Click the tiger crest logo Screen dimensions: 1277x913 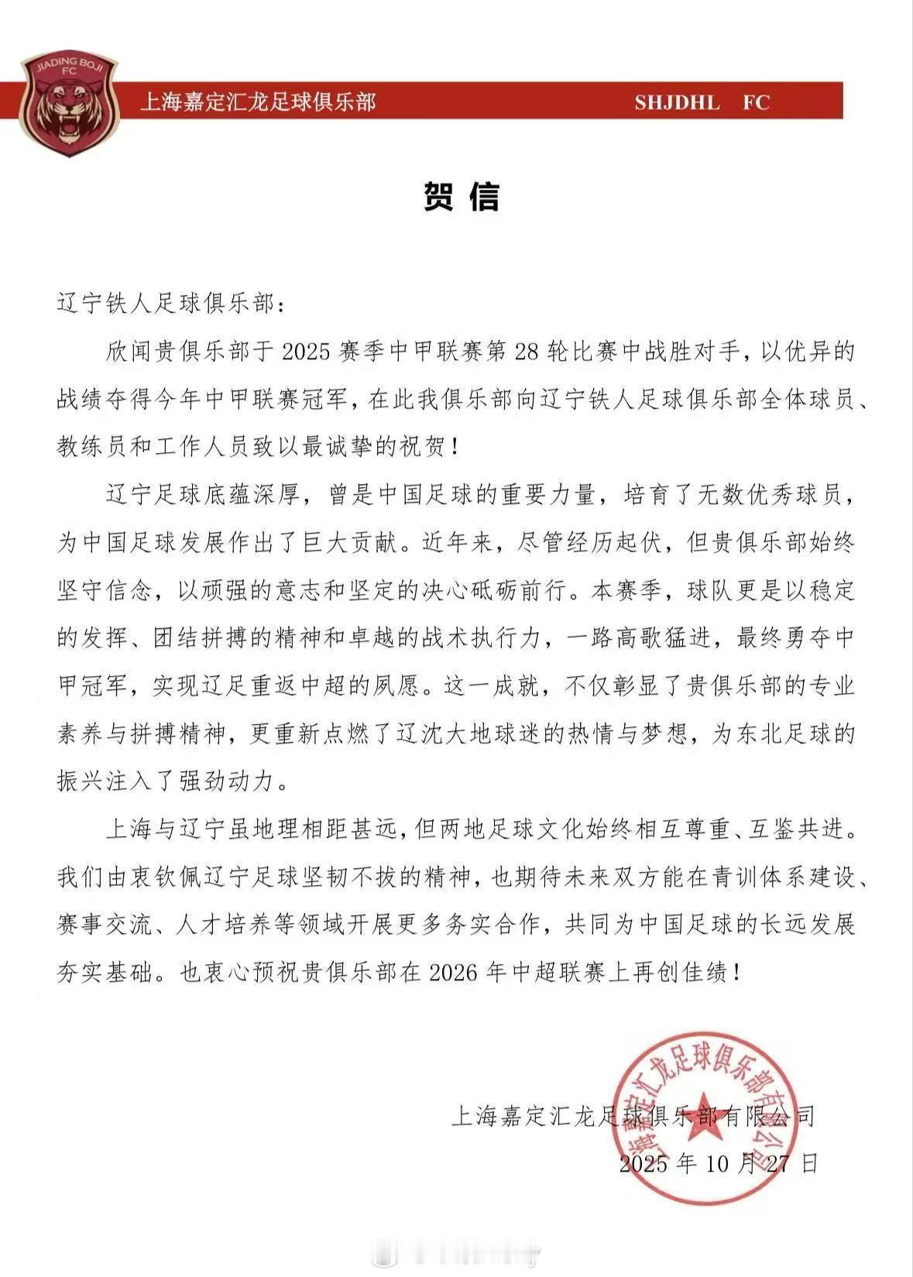coord(68,105)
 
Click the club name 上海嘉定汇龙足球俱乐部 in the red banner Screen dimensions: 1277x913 coord(258,102)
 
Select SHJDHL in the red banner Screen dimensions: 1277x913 coord(677,102)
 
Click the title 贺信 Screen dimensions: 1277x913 coord(462,197)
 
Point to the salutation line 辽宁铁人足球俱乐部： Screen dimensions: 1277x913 coord(171,304)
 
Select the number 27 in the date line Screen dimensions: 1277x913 coord(774,1163)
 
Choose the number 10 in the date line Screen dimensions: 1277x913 coord(716,1163)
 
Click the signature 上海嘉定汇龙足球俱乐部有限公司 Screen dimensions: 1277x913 coord(632,1116)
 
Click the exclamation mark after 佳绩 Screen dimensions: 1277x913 coord(734,972)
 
